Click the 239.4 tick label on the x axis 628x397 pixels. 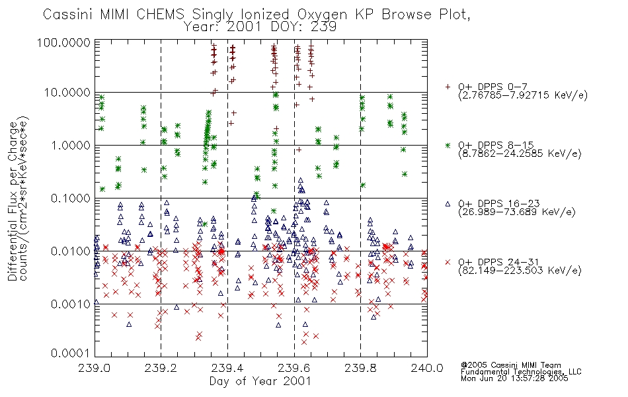point(227,368)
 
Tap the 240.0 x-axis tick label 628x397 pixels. point(427,368)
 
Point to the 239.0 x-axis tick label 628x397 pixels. point(95,368)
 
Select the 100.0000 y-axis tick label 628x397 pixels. point(64,42)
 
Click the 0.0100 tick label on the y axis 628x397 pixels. point(71,251)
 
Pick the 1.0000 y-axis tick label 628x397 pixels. point(71,145)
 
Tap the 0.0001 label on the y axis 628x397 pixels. point(71,353)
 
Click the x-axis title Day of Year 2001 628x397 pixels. point(260,381)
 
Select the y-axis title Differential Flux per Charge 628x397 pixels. point(13,201)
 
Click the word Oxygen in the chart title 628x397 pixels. point(322,15)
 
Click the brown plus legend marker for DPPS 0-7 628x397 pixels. point(448,87)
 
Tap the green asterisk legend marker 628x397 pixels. point(448,145)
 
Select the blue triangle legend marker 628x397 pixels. point(448,204)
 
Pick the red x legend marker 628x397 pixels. point(448,262)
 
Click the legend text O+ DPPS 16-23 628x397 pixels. point(499,204)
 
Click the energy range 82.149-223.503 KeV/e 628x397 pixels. point(520,271)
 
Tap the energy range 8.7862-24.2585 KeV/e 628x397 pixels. point(520,154)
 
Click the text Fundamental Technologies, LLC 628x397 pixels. point(521,372)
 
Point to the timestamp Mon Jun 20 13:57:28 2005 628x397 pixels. point(514,378)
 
